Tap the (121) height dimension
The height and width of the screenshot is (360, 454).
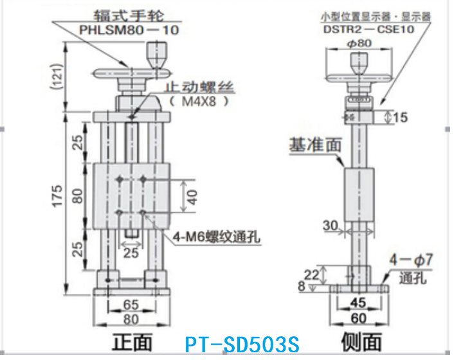[55, 78]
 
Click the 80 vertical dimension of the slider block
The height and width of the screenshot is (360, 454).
[77, 196]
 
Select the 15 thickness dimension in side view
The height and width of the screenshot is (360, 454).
[400, 117]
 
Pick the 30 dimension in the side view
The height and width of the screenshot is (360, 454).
[331, 225]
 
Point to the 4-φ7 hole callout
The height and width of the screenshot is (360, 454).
[412, 262]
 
